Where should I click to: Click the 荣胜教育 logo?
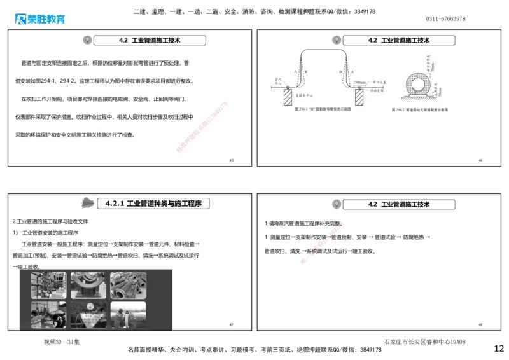tap(38, 18)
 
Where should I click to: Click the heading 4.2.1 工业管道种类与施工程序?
tap(153, 204)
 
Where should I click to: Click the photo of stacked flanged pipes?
tap(128, 286)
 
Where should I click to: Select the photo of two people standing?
tap(128, 315)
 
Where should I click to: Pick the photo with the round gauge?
tap(88, 315)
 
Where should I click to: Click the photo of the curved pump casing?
tap(88, 286)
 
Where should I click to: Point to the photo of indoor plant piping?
tap(48, 286)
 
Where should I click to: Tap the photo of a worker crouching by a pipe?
tap(48, 315)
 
